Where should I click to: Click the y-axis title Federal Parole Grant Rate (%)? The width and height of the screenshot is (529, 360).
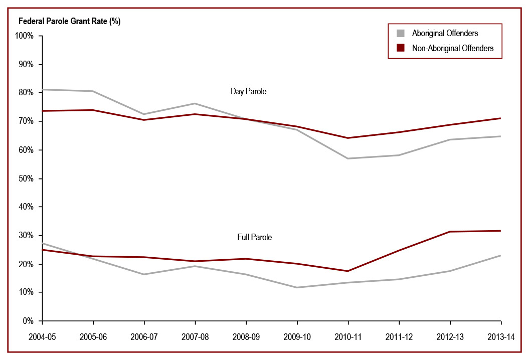click(69, 21)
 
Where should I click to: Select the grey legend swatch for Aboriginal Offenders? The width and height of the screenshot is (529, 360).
click(400, 34)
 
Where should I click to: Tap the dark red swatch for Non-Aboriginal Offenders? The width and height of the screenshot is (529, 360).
click(400, 48)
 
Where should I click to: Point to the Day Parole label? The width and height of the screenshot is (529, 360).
click(248, 91)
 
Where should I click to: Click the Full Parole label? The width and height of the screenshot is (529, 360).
click(254, 237)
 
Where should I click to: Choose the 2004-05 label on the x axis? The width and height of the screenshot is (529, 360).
click(42, 336)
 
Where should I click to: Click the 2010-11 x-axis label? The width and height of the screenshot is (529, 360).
click(348, 336)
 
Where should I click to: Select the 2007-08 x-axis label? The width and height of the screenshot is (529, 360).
click(195, 336)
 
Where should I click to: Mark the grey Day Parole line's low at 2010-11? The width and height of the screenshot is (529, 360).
click(348, 158)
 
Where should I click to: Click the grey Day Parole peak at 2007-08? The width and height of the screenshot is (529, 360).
click(195, 103)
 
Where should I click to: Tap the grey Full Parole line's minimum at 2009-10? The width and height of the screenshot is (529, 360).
click(297, 287)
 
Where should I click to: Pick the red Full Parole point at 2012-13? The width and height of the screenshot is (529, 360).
click(450, 232)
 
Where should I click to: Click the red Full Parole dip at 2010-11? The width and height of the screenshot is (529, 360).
click(348, 271)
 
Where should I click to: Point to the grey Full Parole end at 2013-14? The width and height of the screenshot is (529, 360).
click(501, 256)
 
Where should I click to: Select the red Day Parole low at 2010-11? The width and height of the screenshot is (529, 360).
click(348, 138)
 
